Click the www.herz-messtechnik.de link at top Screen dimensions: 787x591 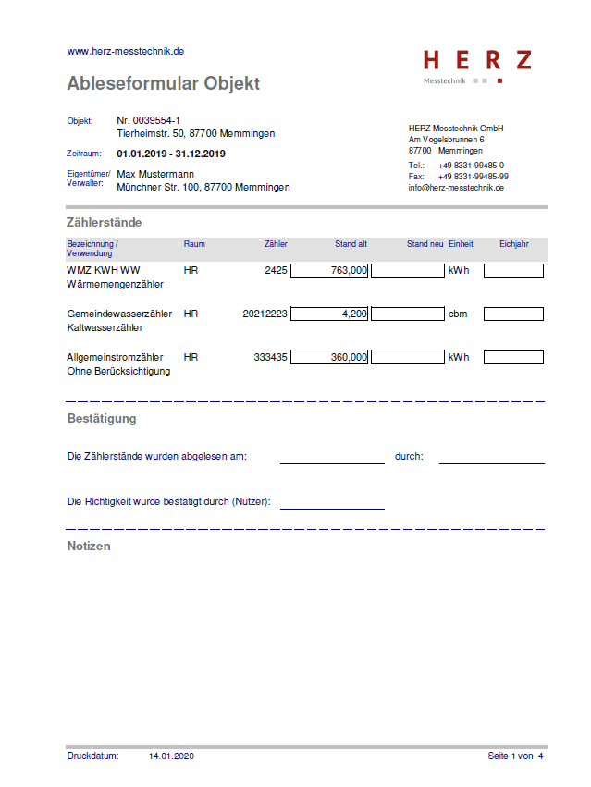click(x=125, y=52)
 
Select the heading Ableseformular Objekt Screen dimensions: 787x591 click(x=163, y=84)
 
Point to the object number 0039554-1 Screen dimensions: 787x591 click(x=148, y=121)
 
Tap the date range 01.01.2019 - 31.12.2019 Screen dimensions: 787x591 click(x=171, y=154)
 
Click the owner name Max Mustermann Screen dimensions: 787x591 click(x=155, y=174)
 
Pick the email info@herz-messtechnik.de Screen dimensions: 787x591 click(x=456, y=188)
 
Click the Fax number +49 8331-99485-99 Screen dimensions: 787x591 click(x=473, y=177)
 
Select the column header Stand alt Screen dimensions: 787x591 click(x=351, y=244)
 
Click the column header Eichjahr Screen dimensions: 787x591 click(x=513, y=244)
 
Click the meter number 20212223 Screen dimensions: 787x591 click(x=265, y=314)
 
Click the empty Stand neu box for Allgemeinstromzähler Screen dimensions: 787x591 click(x=407, y=357)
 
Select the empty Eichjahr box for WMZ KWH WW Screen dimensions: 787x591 click(x=513, y=271)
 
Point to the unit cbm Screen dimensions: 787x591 click(x=458, y=314)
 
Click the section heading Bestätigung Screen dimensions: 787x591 click(x=102, y=419)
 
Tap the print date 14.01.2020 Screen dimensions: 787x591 click(x=171, y=756)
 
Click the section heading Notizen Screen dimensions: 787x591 click(x=89, y=547)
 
